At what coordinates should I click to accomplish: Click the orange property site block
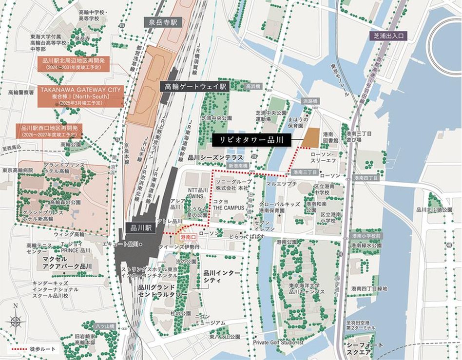pyautogui.click(x=310, y=137)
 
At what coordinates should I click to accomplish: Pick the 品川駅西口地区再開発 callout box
pyautogui.click(x=49, y=131)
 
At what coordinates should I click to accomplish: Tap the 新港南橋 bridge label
pyautogui.click(x=239, y=166)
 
